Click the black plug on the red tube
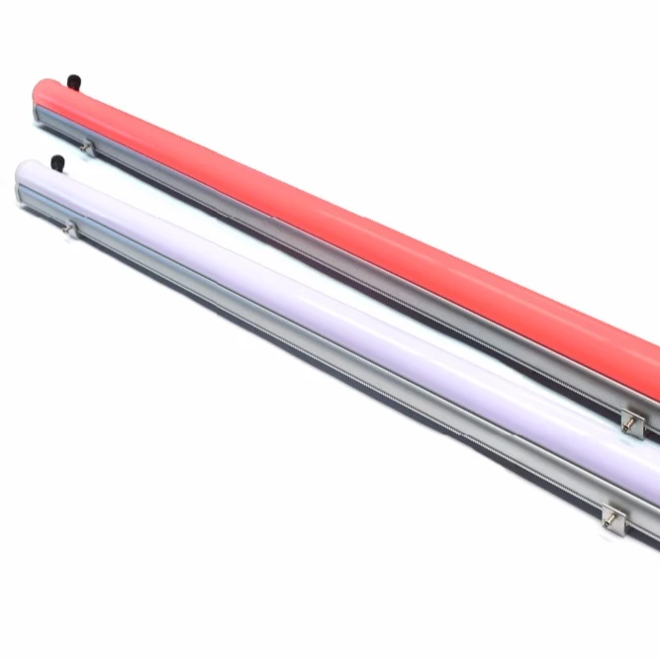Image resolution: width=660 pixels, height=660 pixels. pyautogui.click(x=72, y=78)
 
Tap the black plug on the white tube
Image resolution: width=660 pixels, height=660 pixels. pyautogui.click(x=56, y=162)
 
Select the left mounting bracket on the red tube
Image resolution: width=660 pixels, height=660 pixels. pyautogui.click(x=88, y=147)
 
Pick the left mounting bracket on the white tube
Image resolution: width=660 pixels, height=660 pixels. pyautogui.click(x=70, y=229)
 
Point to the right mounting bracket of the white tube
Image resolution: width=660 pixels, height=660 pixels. pyautogui.click(x=613, y=515)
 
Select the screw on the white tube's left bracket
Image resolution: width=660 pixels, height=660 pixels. pyautogui.click(x=68, y=230)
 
